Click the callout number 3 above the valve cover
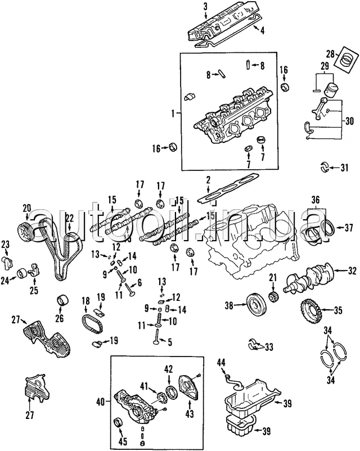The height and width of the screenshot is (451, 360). (x=205, y=7)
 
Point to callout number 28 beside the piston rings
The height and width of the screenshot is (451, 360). (x=331, y=54)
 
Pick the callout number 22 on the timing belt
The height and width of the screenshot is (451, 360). (x=69, y=218)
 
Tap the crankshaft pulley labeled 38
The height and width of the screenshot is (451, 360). (x=256, y=305)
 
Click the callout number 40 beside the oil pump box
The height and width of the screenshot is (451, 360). (x=101, y=402)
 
